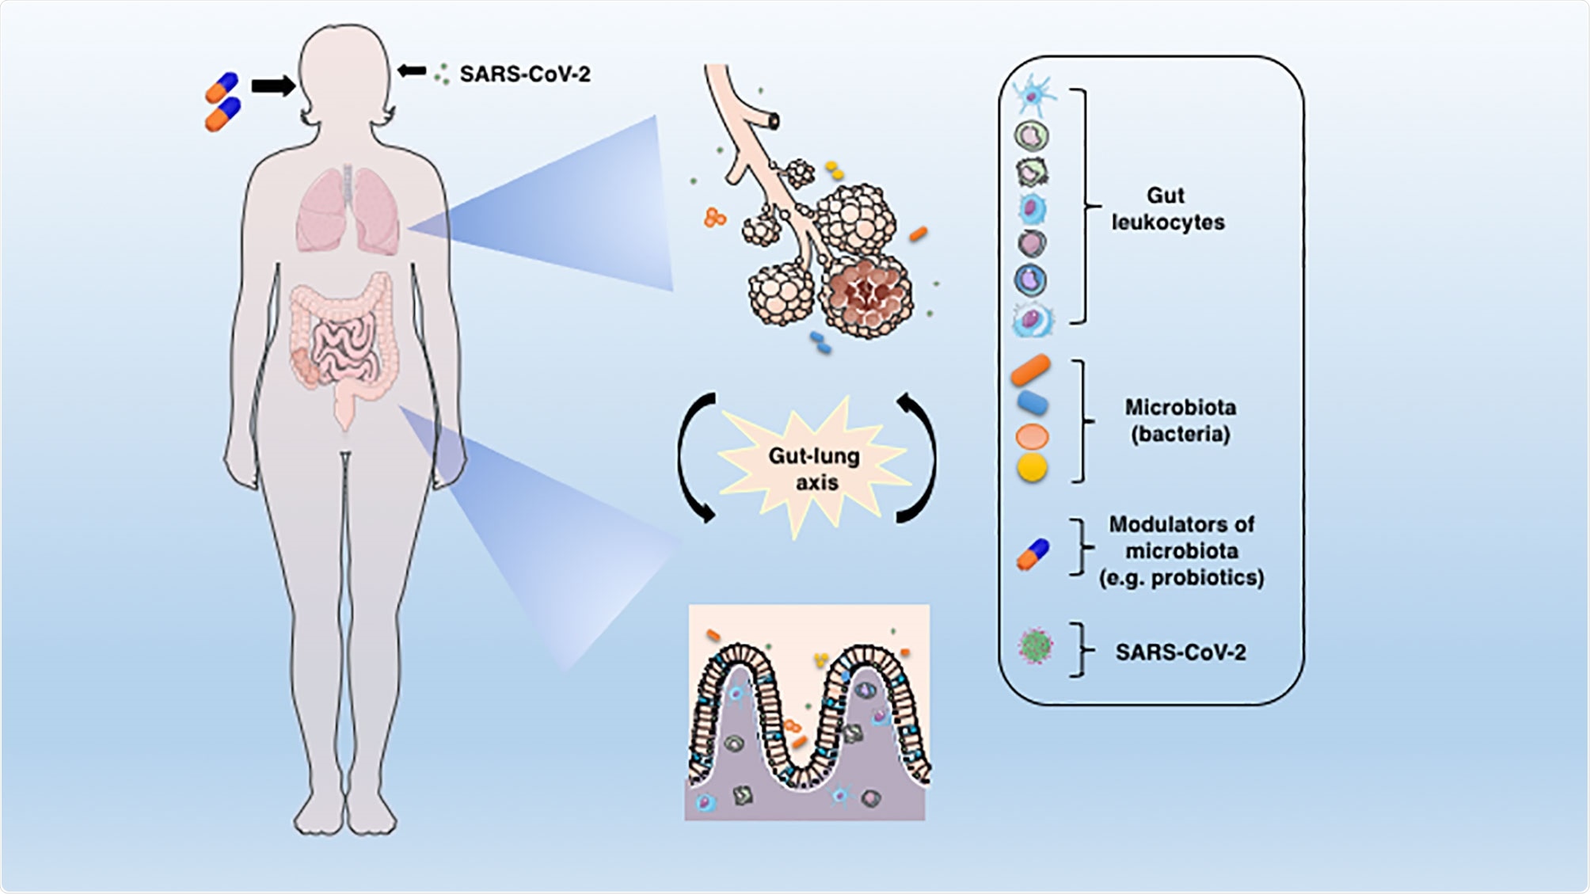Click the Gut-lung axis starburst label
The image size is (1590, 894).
815,468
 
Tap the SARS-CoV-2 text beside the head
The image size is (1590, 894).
524,74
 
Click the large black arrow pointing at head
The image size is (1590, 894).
272,86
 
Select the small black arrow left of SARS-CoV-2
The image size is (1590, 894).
412,71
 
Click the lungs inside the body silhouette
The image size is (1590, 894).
348,212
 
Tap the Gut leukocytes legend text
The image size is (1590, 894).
1167,209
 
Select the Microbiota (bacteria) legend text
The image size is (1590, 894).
1180,420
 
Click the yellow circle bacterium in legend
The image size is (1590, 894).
1032,468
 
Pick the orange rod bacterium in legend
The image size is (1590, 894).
1030,371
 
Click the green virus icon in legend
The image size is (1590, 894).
1035,647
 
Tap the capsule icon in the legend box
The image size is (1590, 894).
1033,554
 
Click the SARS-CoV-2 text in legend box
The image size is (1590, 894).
1180,652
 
